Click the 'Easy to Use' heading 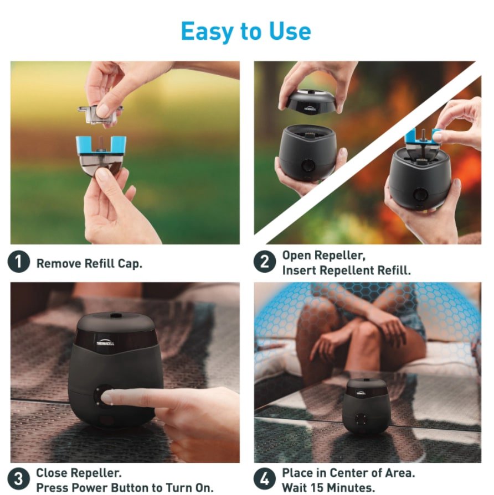[x=246, y=32]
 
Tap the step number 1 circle [x=19, y=262]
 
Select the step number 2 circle [x=265, y=262]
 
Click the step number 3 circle [x=19, y=479]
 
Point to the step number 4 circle [x=265, y=479]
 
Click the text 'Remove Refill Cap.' [x=90, y=264]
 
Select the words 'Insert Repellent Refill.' [x=346, y=270]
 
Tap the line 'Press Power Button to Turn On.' [x=125, y=488]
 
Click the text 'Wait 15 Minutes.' [x=328, y=488]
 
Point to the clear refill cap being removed [x=100, y=114]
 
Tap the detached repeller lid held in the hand [x=307, y=102]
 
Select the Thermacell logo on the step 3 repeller [x=105, y=343]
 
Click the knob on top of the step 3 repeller [x=115, y=315]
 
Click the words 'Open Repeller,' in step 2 [x=323, y=256]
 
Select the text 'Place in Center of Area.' [x=348, y=473]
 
